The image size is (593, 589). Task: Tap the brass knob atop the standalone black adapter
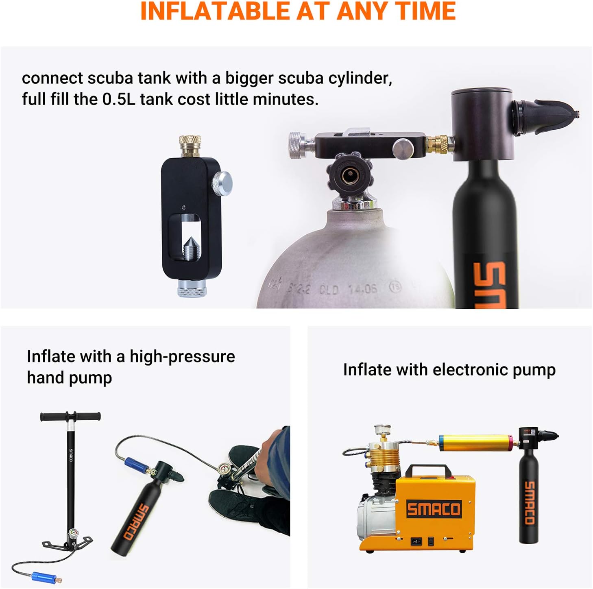[x=190, y=146]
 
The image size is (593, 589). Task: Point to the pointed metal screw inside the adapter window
[x=189, y=247]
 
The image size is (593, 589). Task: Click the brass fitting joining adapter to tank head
[x=438, y=143]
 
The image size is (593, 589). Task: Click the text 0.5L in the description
[x=118, y=99]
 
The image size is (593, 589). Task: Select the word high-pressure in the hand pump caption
[x=182, y=356]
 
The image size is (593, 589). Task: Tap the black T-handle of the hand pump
[x=70, y=417]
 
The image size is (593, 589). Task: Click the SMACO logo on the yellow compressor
[x=434, y=509]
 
